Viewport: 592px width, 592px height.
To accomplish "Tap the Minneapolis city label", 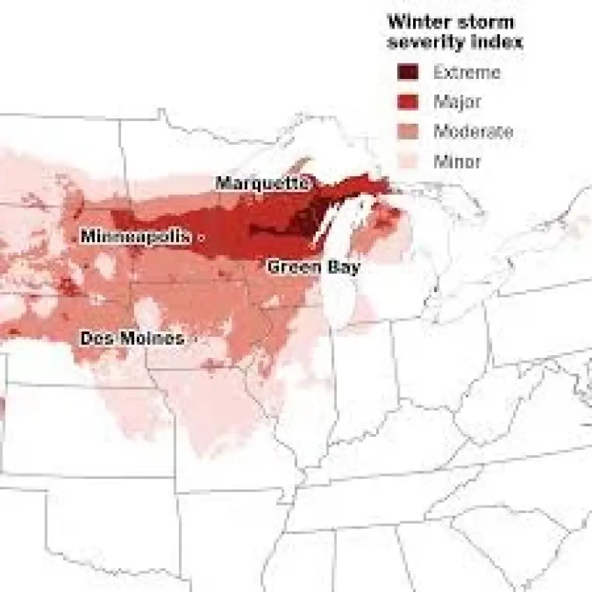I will coord(136,237).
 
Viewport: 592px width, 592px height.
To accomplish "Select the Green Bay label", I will coord(313,267).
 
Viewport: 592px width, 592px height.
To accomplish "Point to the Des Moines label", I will coord(132,338).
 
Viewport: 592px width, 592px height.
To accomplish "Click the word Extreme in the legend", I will coord(467,72).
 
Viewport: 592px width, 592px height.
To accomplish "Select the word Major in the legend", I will coord(457,102).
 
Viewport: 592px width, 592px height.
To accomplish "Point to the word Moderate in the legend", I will coord(474,132).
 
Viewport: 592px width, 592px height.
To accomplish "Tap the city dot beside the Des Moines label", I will coord(196,338).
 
